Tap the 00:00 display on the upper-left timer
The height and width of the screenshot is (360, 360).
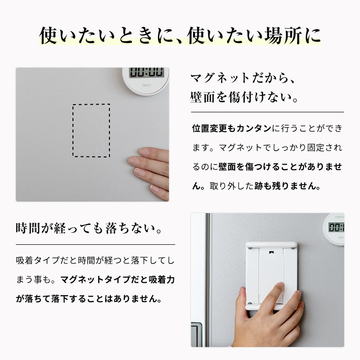(146, 72)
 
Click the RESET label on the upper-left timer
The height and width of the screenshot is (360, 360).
(147, 85)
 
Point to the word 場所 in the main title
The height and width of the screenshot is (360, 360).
(283, 36)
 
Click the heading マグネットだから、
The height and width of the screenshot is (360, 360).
(243, 78)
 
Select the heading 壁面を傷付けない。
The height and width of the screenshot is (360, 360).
(244, 97)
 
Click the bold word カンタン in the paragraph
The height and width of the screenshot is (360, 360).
(254, 128)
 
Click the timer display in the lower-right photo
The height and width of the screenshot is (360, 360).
(336, 228)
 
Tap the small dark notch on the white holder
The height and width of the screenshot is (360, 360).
(271, 252)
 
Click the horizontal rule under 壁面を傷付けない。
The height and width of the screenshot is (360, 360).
(267, 112)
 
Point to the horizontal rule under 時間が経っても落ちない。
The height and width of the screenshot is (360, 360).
(96, 245)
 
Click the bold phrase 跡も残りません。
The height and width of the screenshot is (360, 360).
(288, 186)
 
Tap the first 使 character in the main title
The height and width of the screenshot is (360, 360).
(48, 36)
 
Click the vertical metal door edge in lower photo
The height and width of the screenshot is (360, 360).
(207, 280)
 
